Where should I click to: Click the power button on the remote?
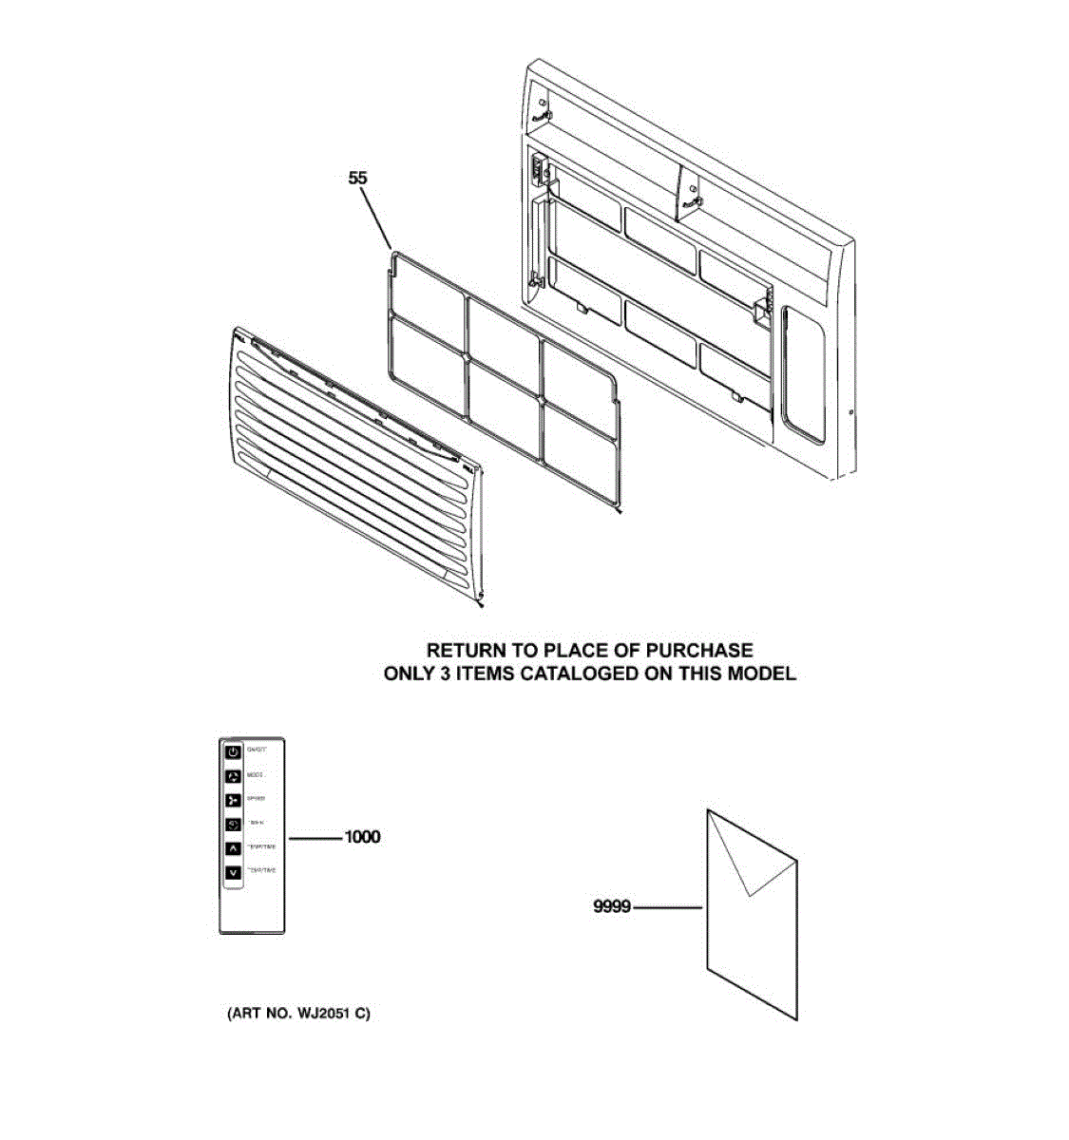click(x=234, y=752)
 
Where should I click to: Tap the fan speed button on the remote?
click(x=234, y=800)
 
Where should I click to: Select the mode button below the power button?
click(x=234, y=776)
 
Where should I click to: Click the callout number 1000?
click(x=362, y=837)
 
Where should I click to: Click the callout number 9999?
click(x=612, y=907)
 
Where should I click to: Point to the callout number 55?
click(x=357, y=178)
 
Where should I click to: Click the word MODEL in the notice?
click(x=761, y=674)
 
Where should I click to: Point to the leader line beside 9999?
click(x=668, y=907)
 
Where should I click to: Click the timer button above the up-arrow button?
click(x=234, y=824)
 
